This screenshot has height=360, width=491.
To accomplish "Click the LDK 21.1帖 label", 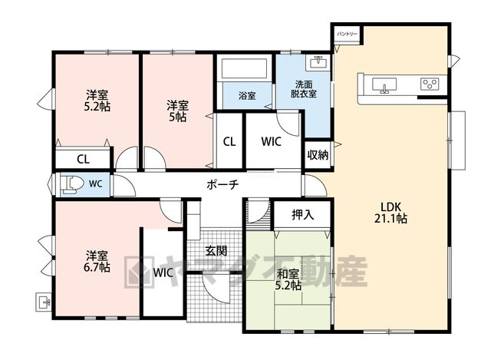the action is [390, 213].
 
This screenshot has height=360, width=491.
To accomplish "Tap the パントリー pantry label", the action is [348, 34].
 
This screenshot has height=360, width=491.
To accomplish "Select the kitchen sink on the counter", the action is [384, 85].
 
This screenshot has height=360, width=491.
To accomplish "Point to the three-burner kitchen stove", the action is [430, 84].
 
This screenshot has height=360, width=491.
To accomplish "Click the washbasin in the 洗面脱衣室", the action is [318, 62].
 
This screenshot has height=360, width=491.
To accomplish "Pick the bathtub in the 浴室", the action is [244, 68].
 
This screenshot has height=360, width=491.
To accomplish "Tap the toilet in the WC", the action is [71, 185].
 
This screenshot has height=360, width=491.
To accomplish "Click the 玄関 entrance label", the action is [216, 251].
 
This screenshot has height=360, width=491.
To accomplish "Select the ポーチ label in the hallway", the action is [222, 184].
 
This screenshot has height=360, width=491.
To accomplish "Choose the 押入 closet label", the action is [302, 215].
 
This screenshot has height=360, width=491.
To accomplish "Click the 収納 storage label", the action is [318, 155].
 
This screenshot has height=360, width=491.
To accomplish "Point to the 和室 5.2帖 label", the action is [288, 280].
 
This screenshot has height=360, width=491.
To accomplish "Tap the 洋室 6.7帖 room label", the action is [97, 261].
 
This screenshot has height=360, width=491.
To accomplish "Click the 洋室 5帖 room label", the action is [177, 111].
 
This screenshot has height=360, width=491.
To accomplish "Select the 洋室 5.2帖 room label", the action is [97, 101].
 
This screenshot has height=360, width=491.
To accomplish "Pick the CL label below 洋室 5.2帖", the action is [84, 159].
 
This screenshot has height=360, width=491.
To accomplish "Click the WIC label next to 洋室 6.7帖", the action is [163, 272].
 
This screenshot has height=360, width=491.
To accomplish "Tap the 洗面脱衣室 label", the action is [304, 89].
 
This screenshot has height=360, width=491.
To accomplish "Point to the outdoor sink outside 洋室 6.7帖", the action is [43, 302].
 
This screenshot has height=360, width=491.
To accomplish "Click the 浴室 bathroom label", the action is [247, 95].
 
